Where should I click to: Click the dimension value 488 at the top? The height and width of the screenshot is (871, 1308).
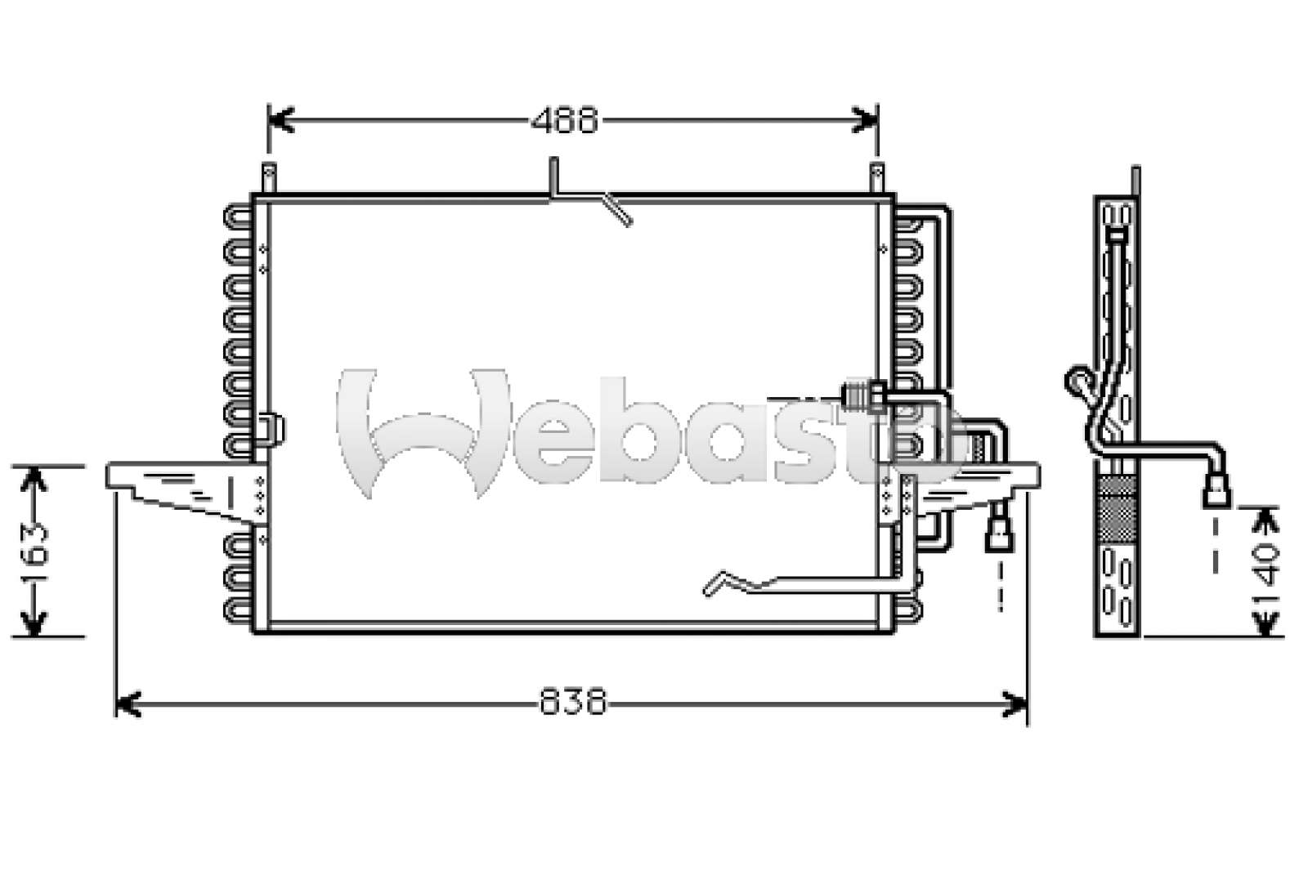pos(565,121)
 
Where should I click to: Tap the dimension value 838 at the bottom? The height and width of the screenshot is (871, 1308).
pos(573,701)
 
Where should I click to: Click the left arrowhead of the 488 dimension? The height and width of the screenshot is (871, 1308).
pos(280,120)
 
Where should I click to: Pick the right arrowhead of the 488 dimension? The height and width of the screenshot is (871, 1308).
pos(866,120)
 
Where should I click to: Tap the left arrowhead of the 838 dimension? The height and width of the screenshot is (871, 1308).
pos(128,704)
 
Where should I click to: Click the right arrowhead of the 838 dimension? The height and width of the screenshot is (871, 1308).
pos(1015,704)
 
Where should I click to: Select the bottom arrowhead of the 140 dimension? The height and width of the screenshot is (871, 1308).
pos(1265,623)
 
